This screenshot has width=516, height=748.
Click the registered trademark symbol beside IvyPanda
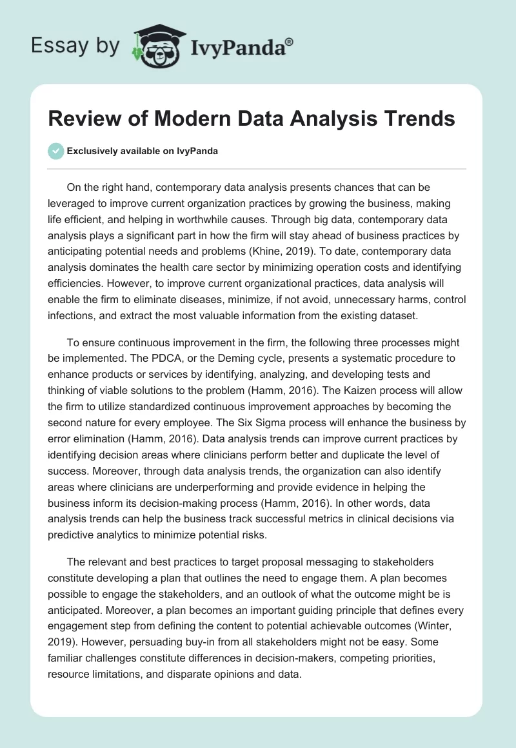click(x=290, y=42)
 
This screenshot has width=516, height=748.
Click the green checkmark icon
click(x=55, y=151)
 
